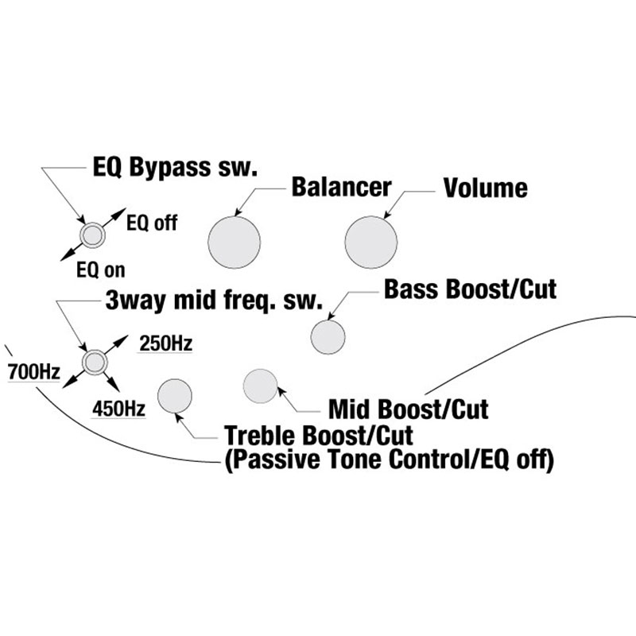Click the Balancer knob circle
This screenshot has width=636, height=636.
pyautogui.click(x=234, y=241)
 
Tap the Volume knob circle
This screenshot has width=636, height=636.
pyautogui.click(x=371, y=241)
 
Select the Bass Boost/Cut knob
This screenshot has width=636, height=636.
pyautogui.click(x=328, y=336)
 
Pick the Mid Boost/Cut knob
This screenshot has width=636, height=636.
pyautogui.click(x=260, y=386)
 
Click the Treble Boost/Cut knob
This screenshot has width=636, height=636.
pyautogui.click(x=175, y=397)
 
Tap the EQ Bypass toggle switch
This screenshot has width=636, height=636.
pyautogui.click(x=93, y=235)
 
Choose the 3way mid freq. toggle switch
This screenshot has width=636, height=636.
pyautogui.click(x=95, y=363)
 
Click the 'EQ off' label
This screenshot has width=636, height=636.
pyautogui.click(x=152, y=223)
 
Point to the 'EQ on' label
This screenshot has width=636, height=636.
pyautogui.click(x=100, y=270)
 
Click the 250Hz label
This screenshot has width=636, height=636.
pyautogui.click(x=165, y=344)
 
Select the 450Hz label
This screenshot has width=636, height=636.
pyautogui.click(x=118, y=409)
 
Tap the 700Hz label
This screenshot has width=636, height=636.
pyautogui.click(x=33, y=371)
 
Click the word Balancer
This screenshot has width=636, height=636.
pyautogui.click(x=341, y=188)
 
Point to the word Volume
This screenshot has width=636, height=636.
pyautogui.click(x=485, y=188)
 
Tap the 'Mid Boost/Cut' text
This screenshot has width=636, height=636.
pyautogui.click(x=408, y=410)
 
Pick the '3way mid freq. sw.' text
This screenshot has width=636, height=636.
pyautogui.click(x=212, y=301)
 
